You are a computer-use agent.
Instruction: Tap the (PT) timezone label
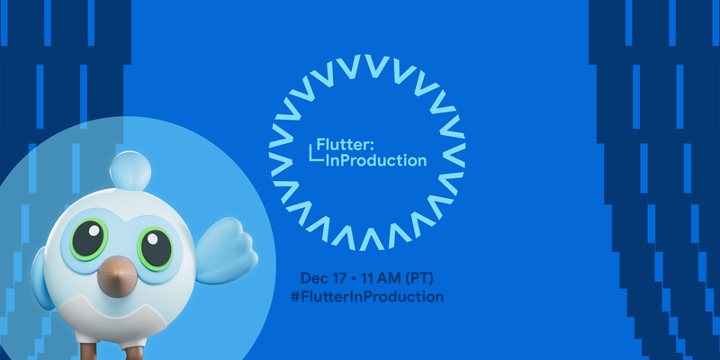click(425, 275)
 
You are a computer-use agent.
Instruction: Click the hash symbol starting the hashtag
click(305, 295)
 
